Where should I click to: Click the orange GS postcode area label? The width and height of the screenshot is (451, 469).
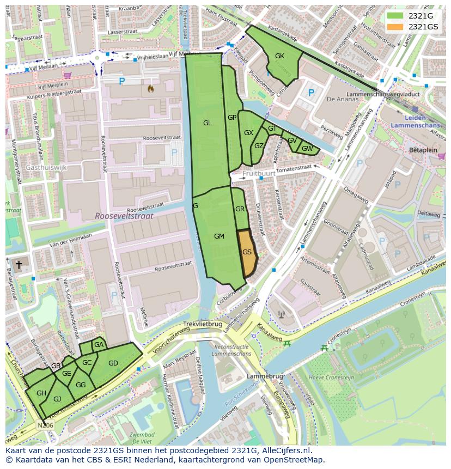(247, 252)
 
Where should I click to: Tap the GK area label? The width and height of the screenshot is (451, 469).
(279, 56)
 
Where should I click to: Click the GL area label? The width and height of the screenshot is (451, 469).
(207, 123)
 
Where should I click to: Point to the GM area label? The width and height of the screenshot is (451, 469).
(219, 236)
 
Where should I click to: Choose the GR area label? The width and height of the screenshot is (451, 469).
(240, 209)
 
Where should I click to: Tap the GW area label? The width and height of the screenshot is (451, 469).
(307, 149)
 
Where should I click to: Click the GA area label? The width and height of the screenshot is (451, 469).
(99, 345)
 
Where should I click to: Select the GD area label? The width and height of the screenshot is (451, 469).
(113, 363)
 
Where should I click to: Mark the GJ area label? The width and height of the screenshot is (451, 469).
(57, 399)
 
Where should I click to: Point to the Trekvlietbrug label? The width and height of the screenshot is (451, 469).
(203, 324)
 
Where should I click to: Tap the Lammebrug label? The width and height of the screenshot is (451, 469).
(265, 376)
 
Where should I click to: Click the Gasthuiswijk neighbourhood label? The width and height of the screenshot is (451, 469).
(46, 168)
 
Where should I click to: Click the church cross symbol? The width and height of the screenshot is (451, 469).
(19, 264)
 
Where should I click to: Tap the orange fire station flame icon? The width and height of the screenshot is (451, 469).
(151, 88)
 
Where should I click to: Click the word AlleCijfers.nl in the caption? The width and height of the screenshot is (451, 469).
(285, 450)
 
